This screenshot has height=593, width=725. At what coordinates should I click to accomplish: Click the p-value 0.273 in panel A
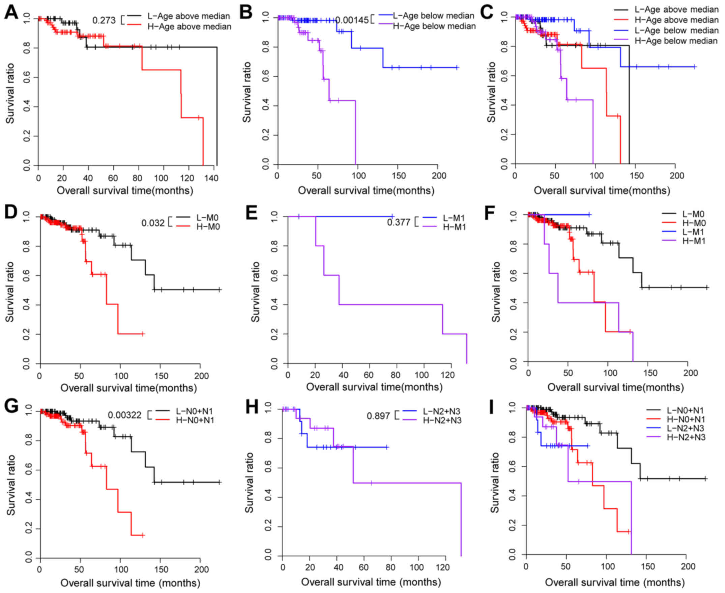pyautogui.click(x=104, y=21)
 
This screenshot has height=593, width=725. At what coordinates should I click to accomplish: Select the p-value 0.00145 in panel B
pyautogui.click(x=352, y=20)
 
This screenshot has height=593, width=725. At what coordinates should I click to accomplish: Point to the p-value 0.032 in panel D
pyautogui.click(x=153, y=223)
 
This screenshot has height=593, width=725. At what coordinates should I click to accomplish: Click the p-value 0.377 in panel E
pyautogui.click(x=398, y=222)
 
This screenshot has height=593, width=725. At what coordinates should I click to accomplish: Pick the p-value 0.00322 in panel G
pyautogui.click(x=125, y=415)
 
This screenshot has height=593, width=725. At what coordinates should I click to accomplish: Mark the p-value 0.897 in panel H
pyautogui.click(x=378, y=416)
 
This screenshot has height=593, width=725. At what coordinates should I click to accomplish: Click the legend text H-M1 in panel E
pyautogui.click(x=454, y=227)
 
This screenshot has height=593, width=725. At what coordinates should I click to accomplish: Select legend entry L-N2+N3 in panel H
pyautogui.click(x=441, y=411)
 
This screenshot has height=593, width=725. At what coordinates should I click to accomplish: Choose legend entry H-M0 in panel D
pyautogui.click(x=208, y=227)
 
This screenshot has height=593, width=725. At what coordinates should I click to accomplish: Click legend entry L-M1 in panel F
pyautogui.click(x=694, y=232)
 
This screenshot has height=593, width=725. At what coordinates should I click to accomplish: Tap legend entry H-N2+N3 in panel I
pyautogui.click(x=686, y=437)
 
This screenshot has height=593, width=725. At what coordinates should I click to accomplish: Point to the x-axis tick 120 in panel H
pyautogui.click(x=443, y=567)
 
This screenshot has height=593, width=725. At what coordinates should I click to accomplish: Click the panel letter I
pyautogui.click(x=492, y=407)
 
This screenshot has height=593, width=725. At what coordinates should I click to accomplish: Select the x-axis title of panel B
pyautogui.click(x=366, y=191)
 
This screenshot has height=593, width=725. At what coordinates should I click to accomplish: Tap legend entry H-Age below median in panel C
pyautogui.click(x=676, y=41)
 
